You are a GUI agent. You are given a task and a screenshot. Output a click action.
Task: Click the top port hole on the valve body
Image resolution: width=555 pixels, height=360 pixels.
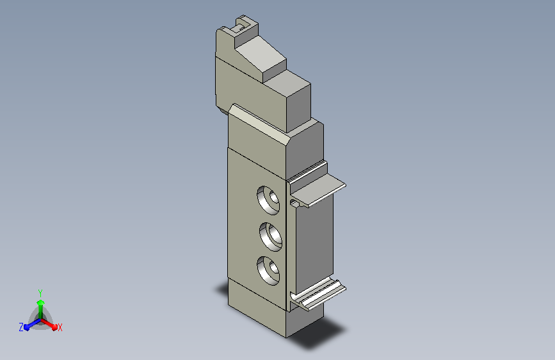tap(268, 200)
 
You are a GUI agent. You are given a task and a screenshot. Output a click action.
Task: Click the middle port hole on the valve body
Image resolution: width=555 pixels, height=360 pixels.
tap(271, 237)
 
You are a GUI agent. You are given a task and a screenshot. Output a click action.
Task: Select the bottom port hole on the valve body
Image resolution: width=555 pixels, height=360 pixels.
tap(268, 271)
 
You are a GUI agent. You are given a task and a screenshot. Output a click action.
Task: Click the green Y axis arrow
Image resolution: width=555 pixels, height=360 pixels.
tap(41, 309)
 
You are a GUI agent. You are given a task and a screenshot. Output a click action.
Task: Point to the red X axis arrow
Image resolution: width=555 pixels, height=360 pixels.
tap(49, 324)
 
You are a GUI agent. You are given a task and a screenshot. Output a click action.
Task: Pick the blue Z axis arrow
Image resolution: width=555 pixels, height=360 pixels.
tap(32, 325)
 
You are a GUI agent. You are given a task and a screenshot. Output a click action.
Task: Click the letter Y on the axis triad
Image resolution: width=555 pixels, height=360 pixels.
tap(40, 293)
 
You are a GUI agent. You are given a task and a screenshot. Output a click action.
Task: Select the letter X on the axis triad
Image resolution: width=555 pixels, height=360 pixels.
tap(60, 328)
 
